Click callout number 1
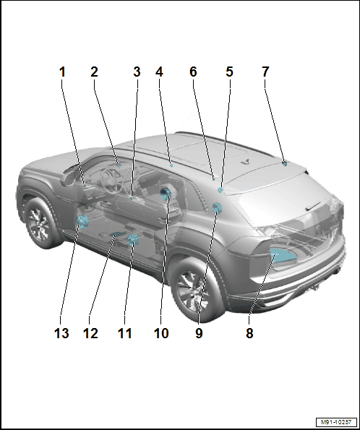63,72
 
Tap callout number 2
94,72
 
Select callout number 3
137,72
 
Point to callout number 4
159,72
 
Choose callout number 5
229,72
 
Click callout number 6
193,72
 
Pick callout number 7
265,72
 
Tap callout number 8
249,333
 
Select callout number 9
199,333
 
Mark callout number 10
161,333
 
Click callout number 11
124,333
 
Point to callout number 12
90,333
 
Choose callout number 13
61,333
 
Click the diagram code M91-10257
336,422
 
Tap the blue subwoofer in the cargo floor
283,256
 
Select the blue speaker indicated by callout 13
82,222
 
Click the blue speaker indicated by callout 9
217,208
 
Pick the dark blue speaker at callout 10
166,194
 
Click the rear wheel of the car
195,289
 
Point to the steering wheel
111,181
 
